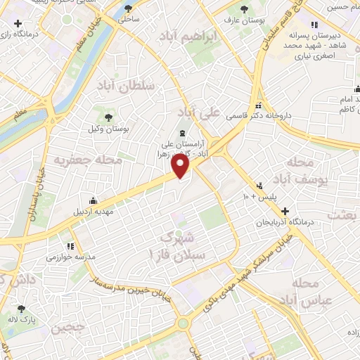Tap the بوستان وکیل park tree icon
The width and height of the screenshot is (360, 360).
pyautogui.click(x=108, y=117)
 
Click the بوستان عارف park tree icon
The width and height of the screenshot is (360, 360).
pyautogui.click(x=243, y=9)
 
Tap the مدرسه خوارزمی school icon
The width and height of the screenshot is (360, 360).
pyautogui.click(x=70, y=247)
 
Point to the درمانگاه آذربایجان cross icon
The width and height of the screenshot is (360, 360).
pyautogui.click(x=285, y=211)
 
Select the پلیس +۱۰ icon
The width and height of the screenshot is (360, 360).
pyautogui.click(x=259, y=186)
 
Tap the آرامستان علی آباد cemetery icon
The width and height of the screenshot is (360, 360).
pyautogui.click(x=182, y=133)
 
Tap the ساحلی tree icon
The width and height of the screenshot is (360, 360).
pyautogui.click(x=127, y=9)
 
